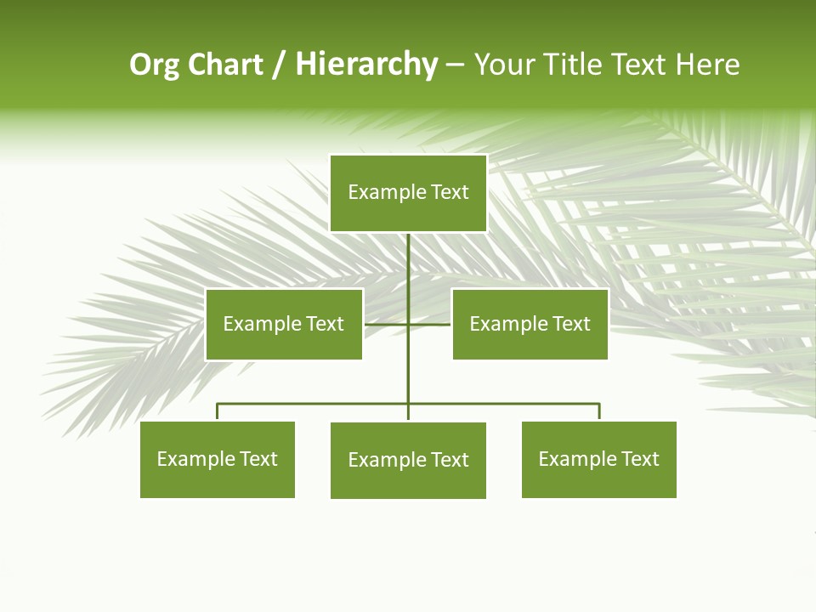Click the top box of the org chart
click(408, 193)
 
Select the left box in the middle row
click(284, 324)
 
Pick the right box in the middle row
click(530, 324)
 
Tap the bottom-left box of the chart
click(218, 460)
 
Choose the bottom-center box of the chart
click(408, 461)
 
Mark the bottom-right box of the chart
click(599, 460)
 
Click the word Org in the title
click(154, 65)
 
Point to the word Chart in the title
click(224, 65)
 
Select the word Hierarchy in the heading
click(366, 65)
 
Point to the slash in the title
click(279, 65)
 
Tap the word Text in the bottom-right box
click(639, 460)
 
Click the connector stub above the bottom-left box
click(218, 412)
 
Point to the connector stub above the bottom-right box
click(599, 412)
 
